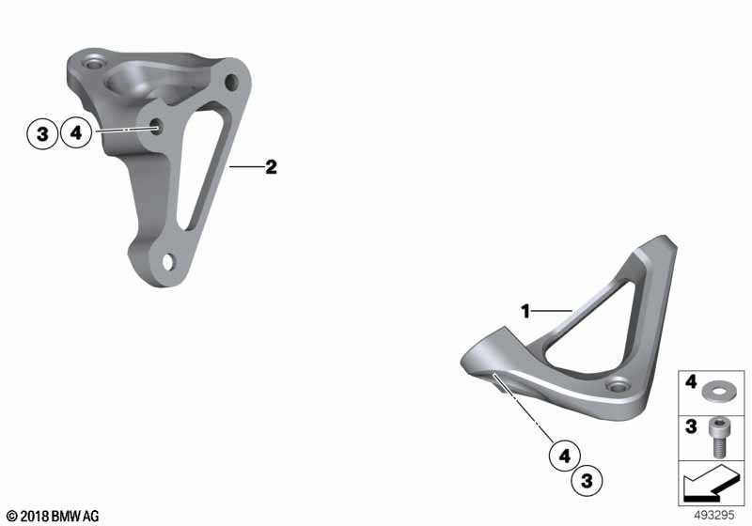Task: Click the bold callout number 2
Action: coord(271,167)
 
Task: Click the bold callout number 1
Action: coord(525,312)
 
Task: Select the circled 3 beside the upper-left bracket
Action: coord(42,133)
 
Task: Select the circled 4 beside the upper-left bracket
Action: coord(76,132)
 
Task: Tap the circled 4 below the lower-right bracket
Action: coord(565,456)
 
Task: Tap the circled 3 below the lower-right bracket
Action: coord(587,480)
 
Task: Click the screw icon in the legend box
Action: coord(719,438)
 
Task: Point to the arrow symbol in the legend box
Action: coord(711,485)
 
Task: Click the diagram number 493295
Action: coord(714,516)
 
